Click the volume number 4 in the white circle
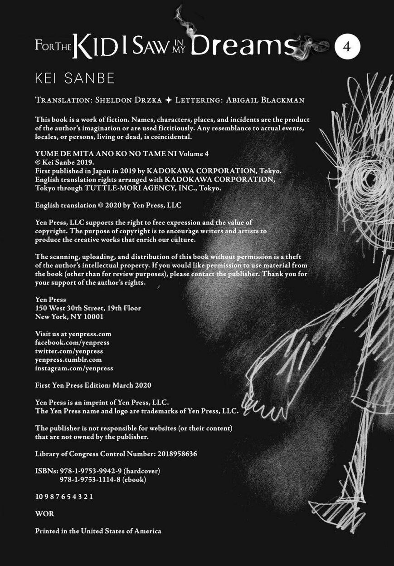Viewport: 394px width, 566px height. pos(347,47)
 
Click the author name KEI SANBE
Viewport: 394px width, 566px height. pos(75,78)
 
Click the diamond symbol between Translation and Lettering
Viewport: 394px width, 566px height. pos(168,100)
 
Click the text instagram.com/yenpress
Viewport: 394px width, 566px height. pos(74,368)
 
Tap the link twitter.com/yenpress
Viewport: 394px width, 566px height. pos(69,351)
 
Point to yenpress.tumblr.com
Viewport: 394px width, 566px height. pos(68,359)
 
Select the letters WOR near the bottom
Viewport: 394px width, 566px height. pos(44,514)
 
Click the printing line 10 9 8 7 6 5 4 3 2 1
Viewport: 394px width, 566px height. pos(64,497)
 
